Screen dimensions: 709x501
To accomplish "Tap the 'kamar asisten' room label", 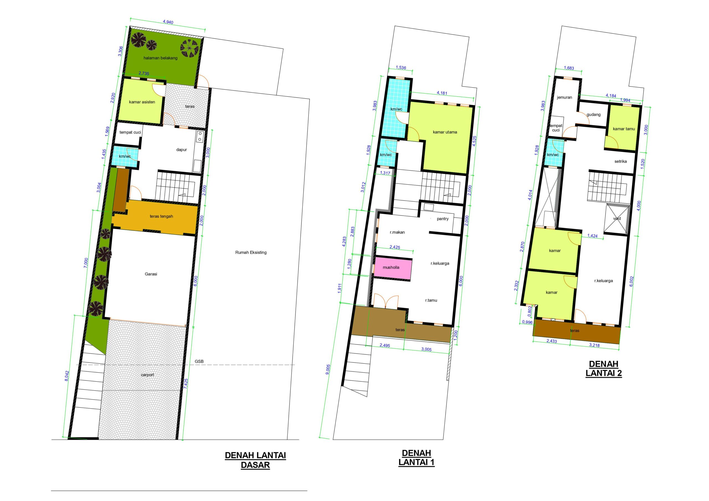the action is pyautogui.click(x=142, y=102).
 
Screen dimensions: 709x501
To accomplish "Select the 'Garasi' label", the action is pyautogui.click(x=151, y=274).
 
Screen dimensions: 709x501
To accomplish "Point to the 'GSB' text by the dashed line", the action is pyautogui.click(x=199, y=361).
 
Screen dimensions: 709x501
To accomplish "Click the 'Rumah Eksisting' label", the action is pyautogui.click(x=251, y=252).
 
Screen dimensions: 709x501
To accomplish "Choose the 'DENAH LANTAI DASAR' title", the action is pyautogui.click(x=255, y=460).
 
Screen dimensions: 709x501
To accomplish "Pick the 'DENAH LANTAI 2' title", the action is pyautogui.click(x=604, y=369).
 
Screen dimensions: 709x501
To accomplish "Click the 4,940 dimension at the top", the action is pyautogui.click(x=168, y=22).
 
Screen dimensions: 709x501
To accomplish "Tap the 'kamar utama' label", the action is pyautogui.click(x=445, y=132).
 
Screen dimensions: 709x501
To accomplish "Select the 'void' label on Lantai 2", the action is pyautogui.click(x=617, y=219).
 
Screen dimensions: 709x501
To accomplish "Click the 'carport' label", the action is pyautogui.click(x=147, y=375).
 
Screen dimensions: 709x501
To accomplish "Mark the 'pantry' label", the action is pyautogui.click(x=443, y=219).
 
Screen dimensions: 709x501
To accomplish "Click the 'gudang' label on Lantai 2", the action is pyautogui.click(x=594, y=115).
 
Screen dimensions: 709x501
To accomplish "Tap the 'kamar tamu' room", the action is pyautogui.click(x=622, y=128).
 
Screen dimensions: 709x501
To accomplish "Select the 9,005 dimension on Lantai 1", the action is pyautogui.click(x=328, y=369).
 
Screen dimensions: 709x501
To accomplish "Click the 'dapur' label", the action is pyautogui.click(x=182, y=150).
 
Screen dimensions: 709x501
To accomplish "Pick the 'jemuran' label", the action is pyautogui.click(x=564, y=97).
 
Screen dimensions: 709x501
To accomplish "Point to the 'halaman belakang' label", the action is pyautogui.click(x=160, y=58).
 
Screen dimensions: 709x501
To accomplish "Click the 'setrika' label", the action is pyautogui.click(x=620, y=161).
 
